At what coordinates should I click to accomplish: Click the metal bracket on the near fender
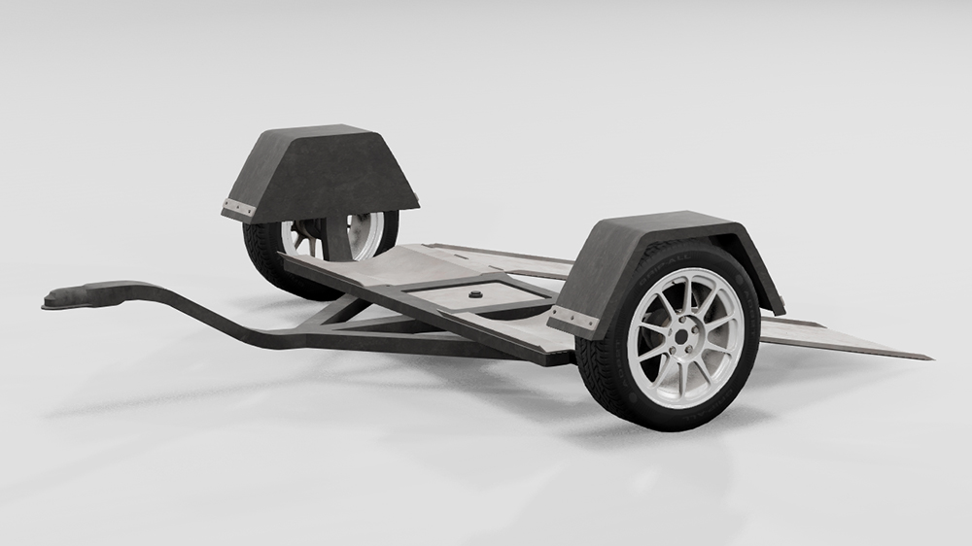click(573, 320)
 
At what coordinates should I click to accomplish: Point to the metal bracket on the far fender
click(238, 208)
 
